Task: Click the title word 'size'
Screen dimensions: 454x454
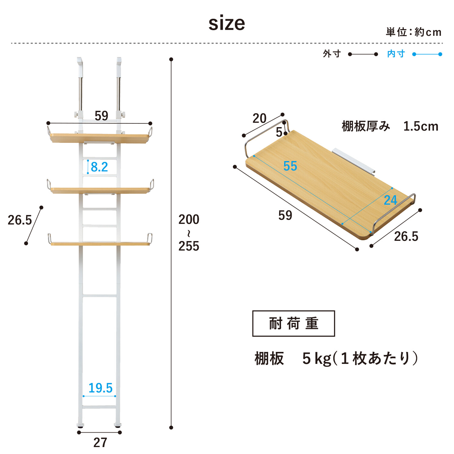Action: click(227, 23)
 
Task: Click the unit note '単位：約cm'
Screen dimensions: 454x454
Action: click(413, 32)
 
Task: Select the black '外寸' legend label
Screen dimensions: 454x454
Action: click(332, 54)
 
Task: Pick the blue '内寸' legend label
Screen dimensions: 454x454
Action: click(396, 54)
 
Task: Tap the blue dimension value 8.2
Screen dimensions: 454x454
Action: click(99, 167)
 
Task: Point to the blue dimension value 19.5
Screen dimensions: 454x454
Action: click(100, 388)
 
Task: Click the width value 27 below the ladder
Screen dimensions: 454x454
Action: click(100, 442)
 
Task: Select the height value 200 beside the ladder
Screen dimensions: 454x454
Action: click(189, 219)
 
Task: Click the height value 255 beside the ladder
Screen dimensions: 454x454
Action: click(189, 246)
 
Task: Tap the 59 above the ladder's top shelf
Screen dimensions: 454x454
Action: click(101, 116)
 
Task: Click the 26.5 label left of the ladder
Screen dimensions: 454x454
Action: click(20, 220)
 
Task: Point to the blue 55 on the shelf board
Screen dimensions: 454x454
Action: click(290, 166)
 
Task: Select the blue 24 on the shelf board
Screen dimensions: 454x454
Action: click(390, 200)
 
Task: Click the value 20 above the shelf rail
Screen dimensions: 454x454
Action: click(259, 118)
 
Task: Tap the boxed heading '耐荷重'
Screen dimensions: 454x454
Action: click(294, 323)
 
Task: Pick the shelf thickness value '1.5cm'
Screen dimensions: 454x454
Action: click(421, 126)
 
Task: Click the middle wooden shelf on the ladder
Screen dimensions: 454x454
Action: click(100, 190)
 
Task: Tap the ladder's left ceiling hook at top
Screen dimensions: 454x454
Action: click(80, 65)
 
